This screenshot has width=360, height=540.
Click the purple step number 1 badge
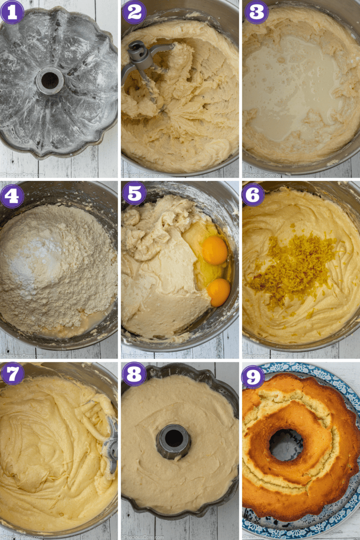coord(12,12)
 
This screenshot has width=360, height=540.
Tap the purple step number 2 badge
coord(134,12)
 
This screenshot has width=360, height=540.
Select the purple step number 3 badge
coord(256,12)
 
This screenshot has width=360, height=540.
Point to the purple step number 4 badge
coord(12,195)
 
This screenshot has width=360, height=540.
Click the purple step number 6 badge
coord(253,195)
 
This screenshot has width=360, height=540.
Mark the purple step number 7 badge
coord(12,374)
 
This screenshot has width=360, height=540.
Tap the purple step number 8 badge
coord(134,374)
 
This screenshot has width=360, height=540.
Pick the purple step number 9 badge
coord(253,376)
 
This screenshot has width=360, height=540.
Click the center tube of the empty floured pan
coord(49,80)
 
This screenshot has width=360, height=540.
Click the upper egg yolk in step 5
coord(215,250)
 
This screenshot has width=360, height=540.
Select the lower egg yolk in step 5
coord(219,292)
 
